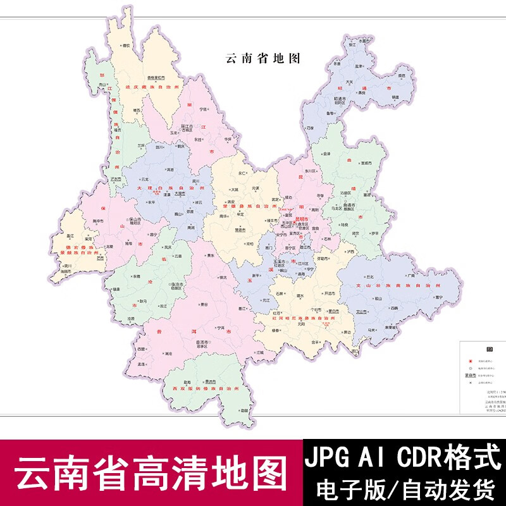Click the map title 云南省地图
click(x=261, y=57)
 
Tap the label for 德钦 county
click(x=126, y=46)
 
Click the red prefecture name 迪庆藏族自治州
click(x=152, y=85)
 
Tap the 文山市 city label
click(x=379, y=312)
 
